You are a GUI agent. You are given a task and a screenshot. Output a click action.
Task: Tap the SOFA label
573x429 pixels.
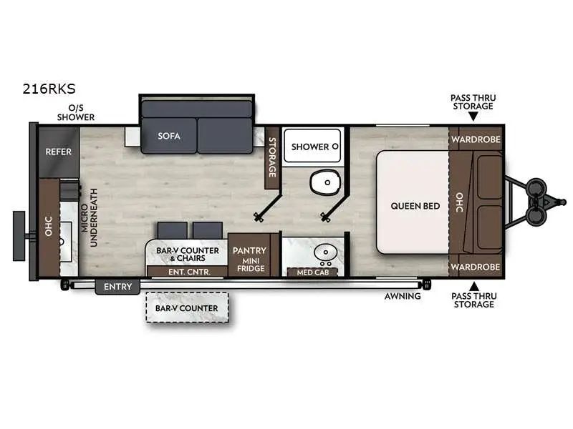pyautogui.click(x=169, y=136)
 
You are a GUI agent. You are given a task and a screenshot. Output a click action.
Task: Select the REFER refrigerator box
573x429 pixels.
pyautogui.click(x=58, y=152)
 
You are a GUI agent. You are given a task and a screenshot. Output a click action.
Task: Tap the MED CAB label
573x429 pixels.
pyautogui.click(x=302, y=272)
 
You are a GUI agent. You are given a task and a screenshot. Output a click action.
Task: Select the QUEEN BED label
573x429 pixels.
pyautogui.click(x=415, y=206)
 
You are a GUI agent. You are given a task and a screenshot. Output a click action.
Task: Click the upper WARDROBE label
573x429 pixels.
pyautogui.click(x=476, y=139)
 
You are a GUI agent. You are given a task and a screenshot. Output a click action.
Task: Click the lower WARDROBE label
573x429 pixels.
pyautogui.click(x=476, y=267)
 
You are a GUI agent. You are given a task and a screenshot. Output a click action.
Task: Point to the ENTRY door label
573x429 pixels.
pyautogui.click(x=117, y=287)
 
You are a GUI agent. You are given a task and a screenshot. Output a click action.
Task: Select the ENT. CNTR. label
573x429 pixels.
pyautogui.click(x=186, y=271)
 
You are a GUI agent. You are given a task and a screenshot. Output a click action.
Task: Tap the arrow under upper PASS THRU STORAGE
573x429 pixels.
pyautogui.click(x=473, y=115)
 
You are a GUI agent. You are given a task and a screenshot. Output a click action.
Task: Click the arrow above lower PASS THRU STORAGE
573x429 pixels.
pyautogui.click(x=473, y=285)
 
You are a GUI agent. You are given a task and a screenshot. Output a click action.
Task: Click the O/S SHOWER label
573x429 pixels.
pyautogui.click(x=76, y=112)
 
